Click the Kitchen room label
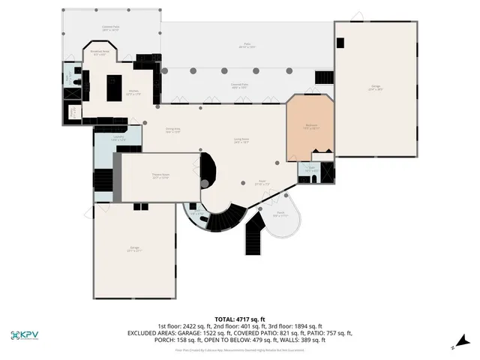pos(133,94)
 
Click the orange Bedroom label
pos(310,126)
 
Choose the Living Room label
pos(241,140)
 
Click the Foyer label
pos(262,181)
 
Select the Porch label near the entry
pos(279,214)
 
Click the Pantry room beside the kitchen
pos(73,112)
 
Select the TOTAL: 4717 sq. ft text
pos(240,319)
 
